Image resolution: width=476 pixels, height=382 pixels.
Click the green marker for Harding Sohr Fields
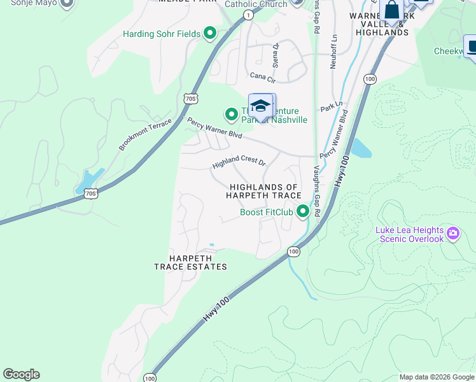pos(210,34)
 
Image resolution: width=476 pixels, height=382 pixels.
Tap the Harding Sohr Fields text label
pos(162,34)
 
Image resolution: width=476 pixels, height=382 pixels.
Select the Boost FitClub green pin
pos(303,211)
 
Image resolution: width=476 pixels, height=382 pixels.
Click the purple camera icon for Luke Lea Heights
pos(453,233)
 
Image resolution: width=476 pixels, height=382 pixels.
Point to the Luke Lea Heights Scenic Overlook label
pos(410,234)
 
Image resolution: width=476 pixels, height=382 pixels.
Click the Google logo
pos(21,374)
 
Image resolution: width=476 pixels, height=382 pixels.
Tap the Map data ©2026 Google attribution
pos(437,377)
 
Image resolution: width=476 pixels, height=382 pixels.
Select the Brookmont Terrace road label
pos(145,134)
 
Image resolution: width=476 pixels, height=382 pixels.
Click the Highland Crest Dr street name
pos(239,162)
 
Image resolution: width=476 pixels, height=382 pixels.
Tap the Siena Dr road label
pos(276,55)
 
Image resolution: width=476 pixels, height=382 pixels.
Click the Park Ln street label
pos(332,106)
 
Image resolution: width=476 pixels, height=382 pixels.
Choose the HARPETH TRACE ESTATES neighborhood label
pos(190,262)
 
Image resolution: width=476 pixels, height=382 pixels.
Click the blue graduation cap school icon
pos(260,106)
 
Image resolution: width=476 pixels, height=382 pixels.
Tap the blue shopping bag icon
pos(391,11)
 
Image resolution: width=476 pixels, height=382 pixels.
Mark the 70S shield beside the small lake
pos(92,192)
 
